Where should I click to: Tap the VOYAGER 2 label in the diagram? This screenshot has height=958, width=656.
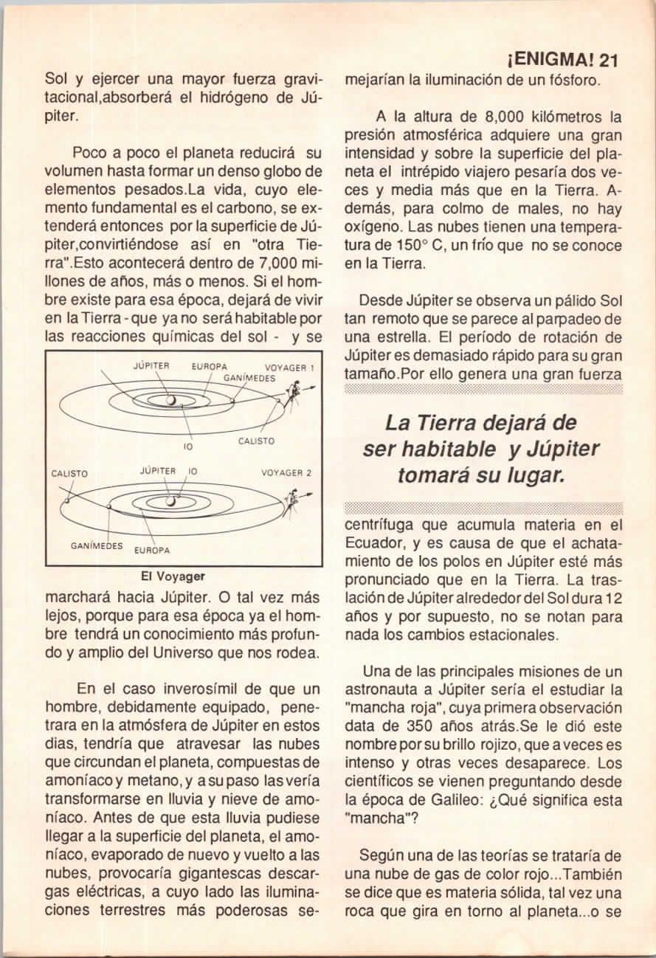(x=287, y=472)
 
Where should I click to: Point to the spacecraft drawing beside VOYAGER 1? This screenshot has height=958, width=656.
(x=294, y=388)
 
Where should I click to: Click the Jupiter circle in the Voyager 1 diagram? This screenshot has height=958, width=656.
(x=171, y=400)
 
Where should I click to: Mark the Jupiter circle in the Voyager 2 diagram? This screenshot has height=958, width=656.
(x=171, y=502)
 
